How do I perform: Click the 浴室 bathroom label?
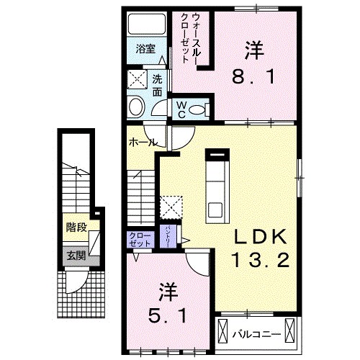coord(145,49)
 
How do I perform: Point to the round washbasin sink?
coord(135,108)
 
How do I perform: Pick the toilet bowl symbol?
coord(202,109)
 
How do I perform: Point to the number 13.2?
coord(261,259)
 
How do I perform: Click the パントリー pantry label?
coord(167,235)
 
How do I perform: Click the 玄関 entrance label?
coord(76,255)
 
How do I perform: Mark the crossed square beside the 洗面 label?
coord(137,78)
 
